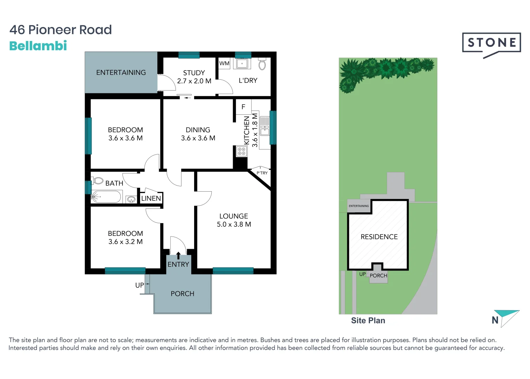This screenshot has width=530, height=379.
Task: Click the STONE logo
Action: pyautogui.click(x=491, y=43)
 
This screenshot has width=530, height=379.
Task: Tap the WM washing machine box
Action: pyautogui.click(x=224, y=64)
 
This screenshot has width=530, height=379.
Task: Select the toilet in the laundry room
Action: pyautogui.click(x=262, y=64)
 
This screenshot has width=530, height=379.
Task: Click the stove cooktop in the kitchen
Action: pyautogui.click(x=241, y=151)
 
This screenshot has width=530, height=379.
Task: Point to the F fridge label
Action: pyautogui.click(x=243, y=107)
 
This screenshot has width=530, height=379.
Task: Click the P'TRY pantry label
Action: pyautogui.click(x=262, y=173)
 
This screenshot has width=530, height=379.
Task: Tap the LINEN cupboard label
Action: pyautogui.click(x=151, y=198)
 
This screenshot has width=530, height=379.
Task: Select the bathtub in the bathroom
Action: pyautogui.click(x=106, y=197)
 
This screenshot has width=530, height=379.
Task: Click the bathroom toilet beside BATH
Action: pyautogui.click(x=98, y=181)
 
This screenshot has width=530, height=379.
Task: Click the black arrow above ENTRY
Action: pyautogui.click(x=178, y=255)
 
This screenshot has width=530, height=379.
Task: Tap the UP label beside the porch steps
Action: pyautogui.click(x=139, y=285)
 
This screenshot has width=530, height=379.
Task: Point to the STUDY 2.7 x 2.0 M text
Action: pyautogui.click(x=194, y=77)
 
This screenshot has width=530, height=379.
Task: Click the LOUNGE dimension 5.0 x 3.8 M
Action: pyautogui.click(x=234, y=225)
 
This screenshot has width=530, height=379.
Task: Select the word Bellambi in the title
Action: pyautogui.click(x=38, y=46)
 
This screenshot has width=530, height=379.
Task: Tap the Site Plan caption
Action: pyautogui.click(x=368, y=320)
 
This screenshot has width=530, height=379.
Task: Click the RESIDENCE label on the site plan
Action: pyautogui.click(x=379, y=237)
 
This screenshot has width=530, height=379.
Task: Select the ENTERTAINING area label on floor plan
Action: pyautogui.click(x=121, y=73)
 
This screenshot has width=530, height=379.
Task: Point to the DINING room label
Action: pyautogui.click(x=198, y=130)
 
